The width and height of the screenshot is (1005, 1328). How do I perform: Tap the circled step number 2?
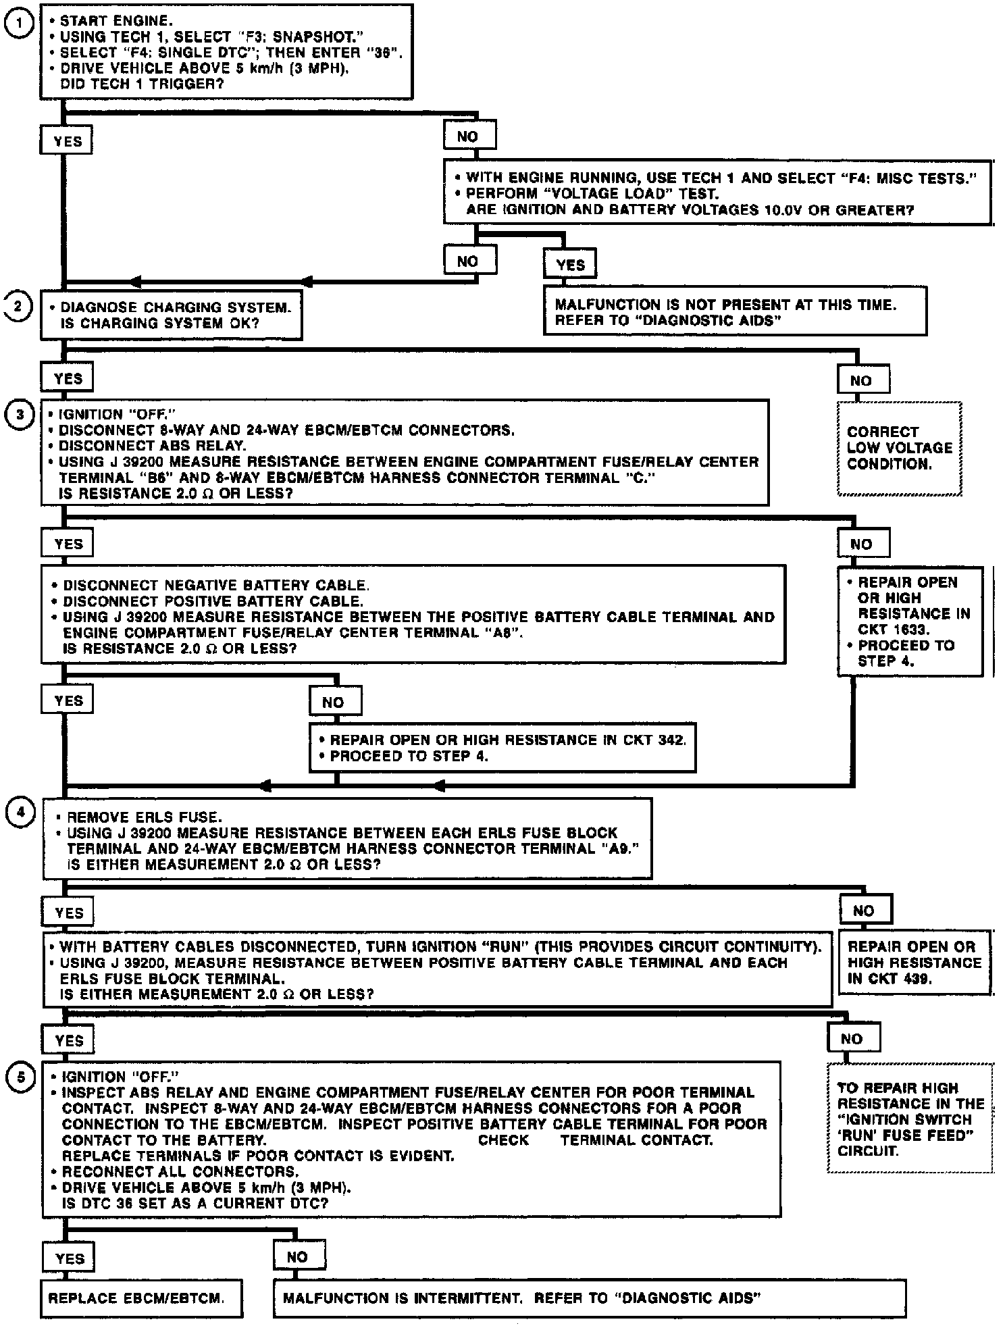20,307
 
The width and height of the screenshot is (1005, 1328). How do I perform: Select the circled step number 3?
20,414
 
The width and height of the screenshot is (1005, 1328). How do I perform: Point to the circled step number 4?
20,812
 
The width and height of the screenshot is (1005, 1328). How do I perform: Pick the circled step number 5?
20,1077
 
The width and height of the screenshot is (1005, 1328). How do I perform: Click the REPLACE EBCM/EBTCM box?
140,1298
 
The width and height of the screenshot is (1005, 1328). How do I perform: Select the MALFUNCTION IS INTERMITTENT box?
589,1298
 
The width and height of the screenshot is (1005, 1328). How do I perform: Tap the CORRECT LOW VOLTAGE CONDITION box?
899,448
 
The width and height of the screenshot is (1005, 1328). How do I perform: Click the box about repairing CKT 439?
914,963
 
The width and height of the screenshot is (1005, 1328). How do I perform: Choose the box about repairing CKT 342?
502,748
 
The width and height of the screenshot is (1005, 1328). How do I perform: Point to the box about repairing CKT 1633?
910,621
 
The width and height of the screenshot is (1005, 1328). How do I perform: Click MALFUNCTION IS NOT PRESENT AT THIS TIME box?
735,311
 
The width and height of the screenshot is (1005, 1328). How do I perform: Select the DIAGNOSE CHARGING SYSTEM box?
172,315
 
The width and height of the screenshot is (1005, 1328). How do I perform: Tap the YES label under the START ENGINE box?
67,142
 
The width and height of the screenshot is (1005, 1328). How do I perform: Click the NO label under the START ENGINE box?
469,136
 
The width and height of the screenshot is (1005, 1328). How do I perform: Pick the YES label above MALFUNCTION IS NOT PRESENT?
570,265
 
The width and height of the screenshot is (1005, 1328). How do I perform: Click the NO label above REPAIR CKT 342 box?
335,703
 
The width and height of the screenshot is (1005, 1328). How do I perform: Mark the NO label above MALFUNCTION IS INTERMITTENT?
299,1256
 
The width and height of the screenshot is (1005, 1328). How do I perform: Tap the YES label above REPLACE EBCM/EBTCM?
69,1258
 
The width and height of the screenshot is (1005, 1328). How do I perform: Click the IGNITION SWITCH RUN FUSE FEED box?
910,1119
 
